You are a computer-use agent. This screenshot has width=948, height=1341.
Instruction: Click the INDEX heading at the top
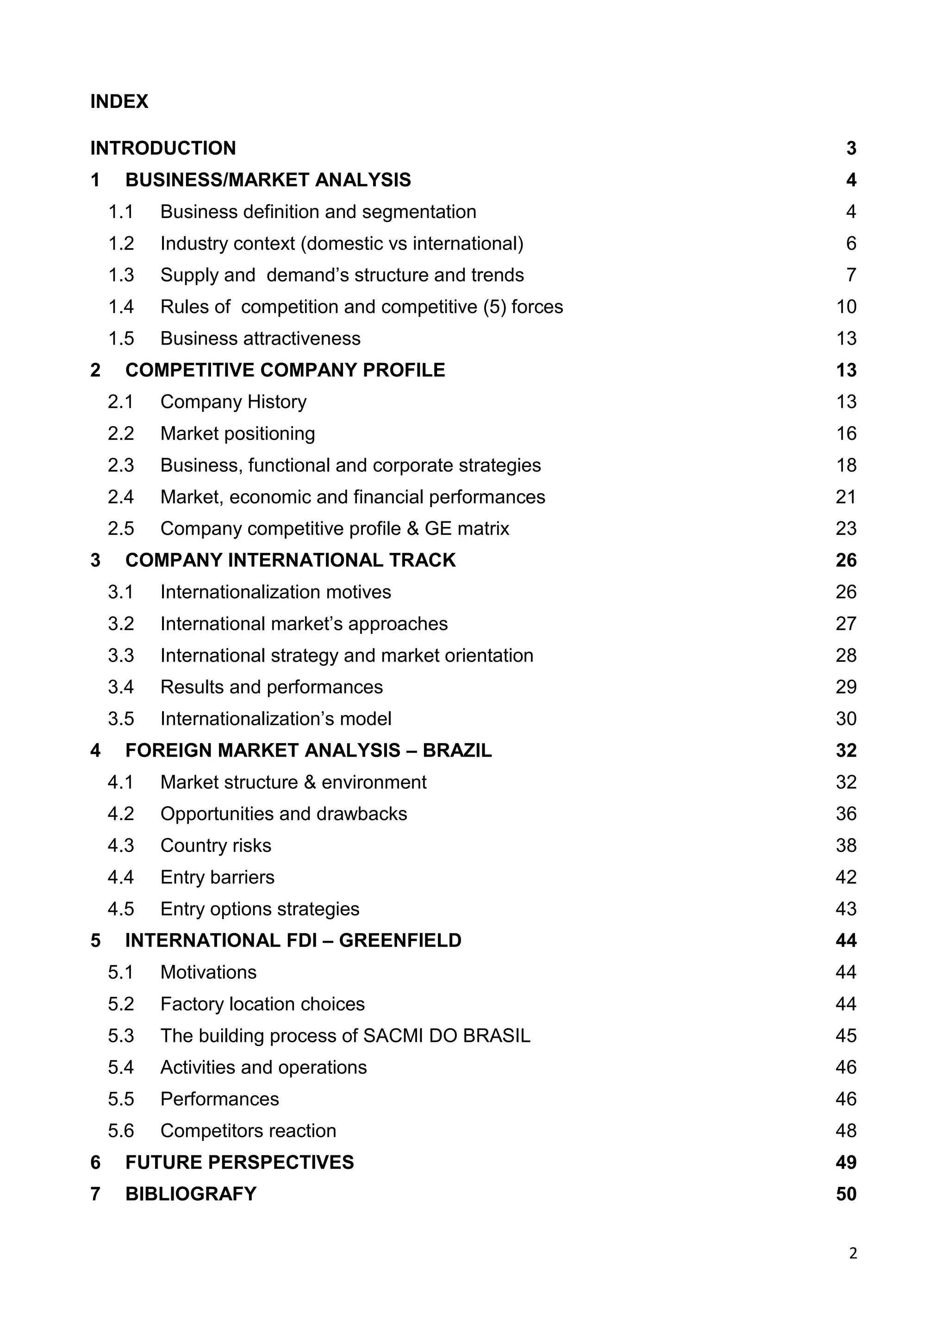[x=119, y=101]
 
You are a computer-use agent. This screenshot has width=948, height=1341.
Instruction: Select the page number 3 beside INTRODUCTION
[x=851, y=148]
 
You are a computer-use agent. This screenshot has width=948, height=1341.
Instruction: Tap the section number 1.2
[x=121, y=244]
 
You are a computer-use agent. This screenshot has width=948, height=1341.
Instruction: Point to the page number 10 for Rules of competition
[x=846, y=307]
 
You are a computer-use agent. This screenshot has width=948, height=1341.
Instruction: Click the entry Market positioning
[x=237, y=433]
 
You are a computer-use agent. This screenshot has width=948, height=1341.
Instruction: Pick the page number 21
[x=846, y=497]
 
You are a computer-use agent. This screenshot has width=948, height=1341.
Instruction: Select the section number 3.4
[x=121, y=687]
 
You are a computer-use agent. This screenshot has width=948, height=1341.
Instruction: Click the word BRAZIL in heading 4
[x=457, y=751]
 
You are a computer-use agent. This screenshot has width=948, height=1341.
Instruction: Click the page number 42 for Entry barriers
[x=846, y=877]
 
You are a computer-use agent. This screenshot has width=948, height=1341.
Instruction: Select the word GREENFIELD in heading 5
[x=400, y=940]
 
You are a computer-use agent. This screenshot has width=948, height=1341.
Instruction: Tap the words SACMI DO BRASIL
[x=447, y=1035]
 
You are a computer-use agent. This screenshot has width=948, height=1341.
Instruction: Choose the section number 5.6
[x=121, y=1131]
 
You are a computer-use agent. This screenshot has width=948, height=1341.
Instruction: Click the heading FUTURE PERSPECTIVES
[x=239, y=1162]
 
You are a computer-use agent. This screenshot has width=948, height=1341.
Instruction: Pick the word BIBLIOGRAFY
[x=191, y=1194]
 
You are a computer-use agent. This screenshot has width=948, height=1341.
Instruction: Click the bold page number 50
[x=846, y=1194]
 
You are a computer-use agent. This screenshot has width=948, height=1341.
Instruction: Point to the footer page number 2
[x=853, y=1253]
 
